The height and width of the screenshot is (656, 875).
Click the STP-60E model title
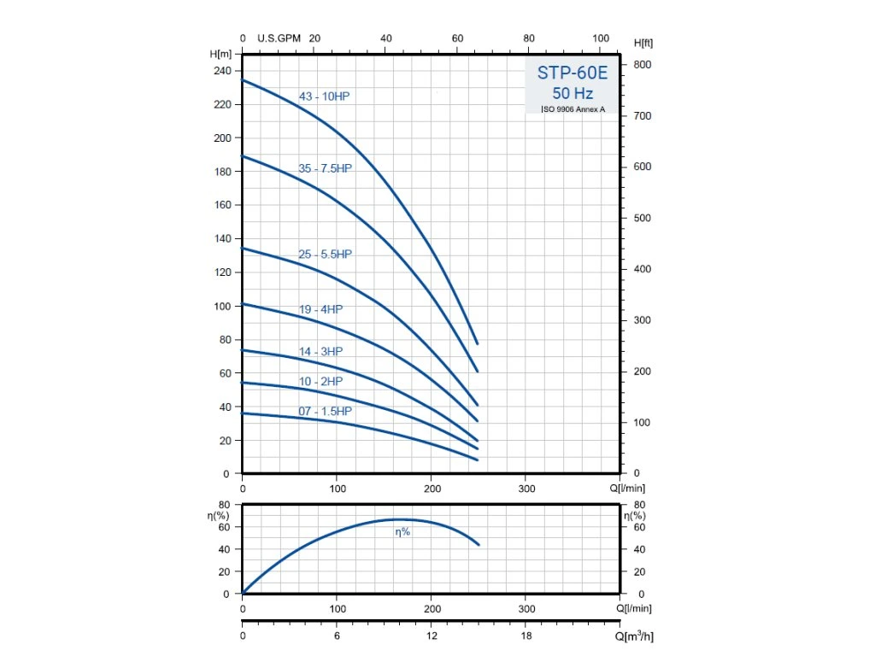[573, 73]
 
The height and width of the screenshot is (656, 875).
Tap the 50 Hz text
[573, 93]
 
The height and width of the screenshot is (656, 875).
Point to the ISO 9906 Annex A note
[573, 109]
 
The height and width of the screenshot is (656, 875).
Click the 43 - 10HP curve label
[324, 97]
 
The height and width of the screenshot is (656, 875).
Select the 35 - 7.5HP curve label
[325, 168]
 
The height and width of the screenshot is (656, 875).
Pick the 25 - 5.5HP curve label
[325, 255]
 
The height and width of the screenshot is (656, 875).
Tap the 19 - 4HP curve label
[320, 309]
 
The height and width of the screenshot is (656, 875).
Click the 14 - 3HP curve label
[320, 351]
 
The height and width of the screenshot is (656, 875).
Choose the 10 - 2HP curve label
[320, 381]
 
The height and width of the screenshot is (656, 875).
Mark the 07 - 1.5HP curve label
[325, 412]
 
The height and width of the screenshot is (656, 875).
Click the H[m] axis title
[220, 54]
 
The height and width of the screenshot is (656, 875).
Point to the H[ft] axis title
[644, 43]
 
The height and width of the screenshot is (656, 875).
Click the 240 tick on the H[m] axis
[221, 71]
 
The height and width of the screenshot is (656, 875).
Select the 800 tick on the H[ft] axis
[642, 65]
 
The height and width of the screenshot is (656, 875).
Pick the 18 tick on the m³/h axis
[527, 637]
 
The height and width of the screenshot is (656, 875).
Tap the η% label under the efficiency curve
[402, 532]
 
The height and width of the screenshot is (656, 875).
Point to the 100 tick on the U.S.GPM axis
[601, 38]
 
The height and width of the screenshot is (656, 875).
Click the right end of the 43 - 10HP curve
[477, 343]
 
